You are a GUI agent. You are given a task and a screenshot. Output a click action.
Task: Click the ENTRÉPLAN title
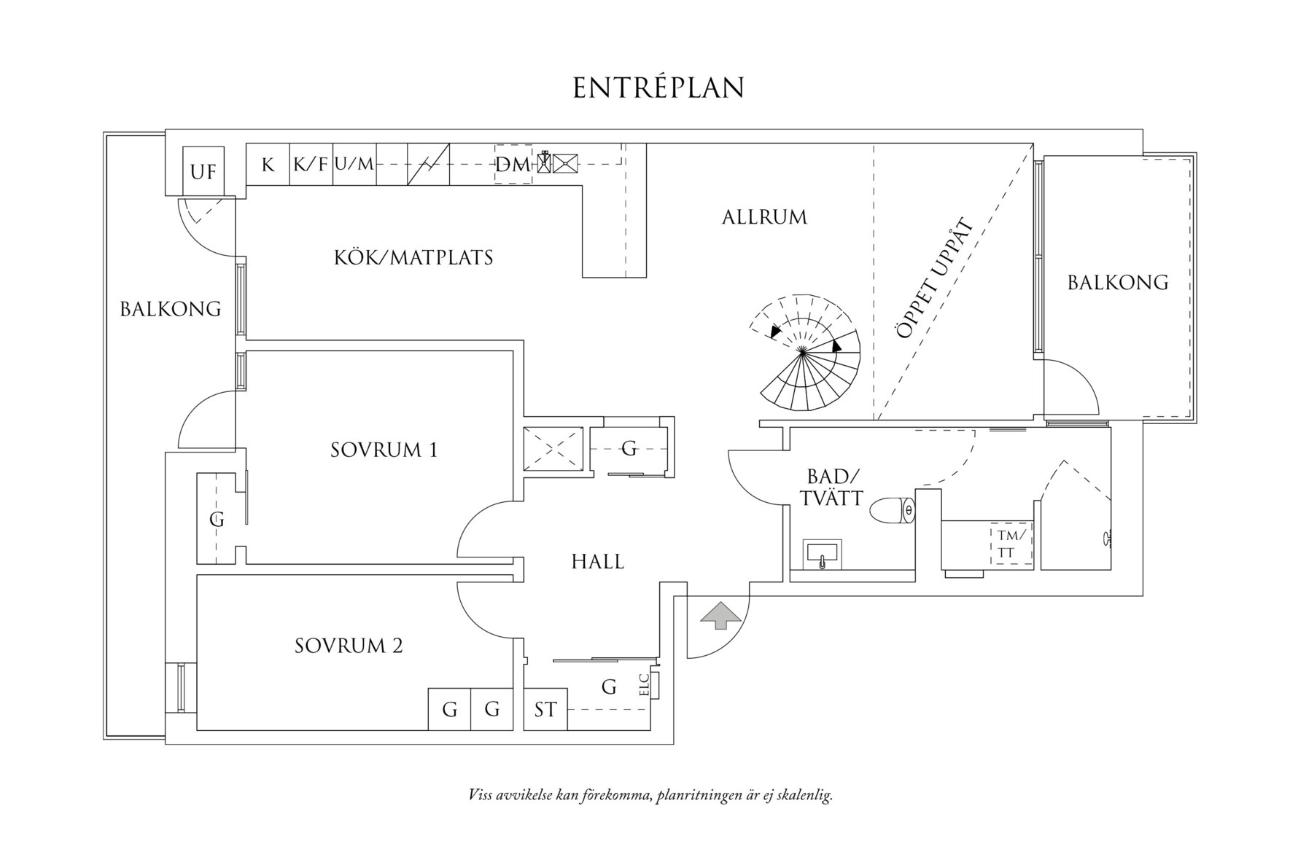(x=658, y=87)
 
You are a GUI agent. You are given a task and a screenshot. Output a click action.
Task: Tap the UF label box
(x=203, y=172)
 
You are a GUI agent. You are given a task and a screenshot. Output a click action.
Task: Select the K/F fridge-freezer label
(x=311, y=164)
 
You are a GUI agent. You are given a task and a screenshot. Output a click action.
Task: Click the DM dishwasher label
(x=513, y=165)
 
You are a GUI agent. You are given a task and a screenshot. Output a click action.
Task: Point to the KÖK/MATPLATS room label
(x=413, y=257)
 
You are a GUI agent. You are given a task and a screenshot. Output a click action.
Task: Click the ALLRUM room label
(x=764, y=217)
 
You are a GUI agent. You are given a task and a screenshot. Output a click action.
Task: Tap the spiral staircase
(x=806, y=355)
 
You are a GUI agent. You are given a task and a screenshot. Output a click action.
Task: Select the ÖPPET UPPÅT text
(x=936, y=278)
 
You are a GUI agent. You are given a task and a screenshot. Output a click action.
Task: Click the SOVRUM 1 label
(x=384, y=450)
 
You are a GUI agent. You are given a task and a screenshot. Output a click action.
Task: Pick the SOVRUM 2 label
(x=349, y=646)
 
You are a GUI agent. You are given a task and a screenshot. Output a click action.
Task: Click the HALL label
(x=597, y=562)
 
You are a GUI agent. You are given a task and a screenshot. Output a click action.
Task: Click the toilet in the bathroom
(x=893, y=510)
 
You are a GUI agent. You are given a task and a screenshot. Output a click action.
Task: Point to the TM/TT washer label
(x=1011, y=544)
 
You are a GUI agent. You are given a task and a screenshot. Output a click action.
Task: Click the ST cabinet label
(x=545, y=710)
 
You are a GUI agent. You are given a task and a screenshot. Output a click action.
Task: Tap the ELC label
(x=644, y=686)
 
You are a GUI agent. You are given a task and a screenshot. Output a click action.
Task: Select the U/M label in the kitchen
(x=354, y=164)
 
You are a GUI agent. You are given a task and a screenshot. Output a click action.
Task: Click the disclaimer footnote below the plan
(x=650, y=794)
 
